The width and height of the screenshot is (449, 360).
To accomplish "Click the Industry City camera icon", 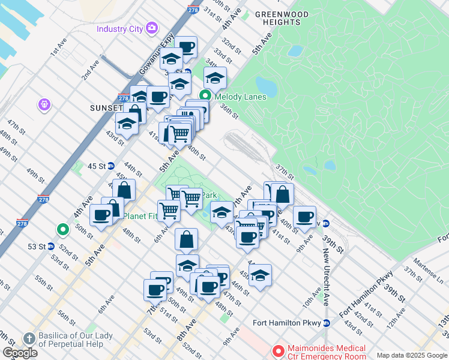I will pos(152,28).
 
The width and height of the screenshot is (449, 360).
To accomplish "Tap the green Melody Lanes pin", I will pos(205,95).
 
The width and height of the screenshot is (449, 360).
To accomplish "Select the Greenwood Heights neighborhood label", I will pos(282,18).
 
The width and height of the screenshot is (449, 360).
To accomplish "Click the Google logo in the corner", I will pos(20,352).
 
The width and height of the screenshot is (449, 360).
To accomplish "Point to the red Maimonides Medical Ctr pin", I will pos(278,350).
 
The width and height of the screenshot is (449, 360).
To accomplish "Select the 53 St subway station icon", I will pos(51,247).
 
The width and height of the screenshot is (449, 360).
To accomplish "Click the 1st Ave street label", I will pos(57,50).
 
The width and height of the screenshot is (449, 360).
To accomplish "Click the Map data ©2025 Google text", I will pos(411,355).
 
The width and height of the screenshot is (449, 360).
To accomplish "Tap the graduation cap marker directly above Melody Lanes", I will pos(215,77).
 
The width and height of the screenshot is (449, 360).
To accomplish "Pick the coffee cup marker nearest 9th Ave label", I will pos(304,217).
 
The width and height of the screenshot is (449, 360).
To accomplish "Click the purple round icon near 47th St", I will pos(43,105).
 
